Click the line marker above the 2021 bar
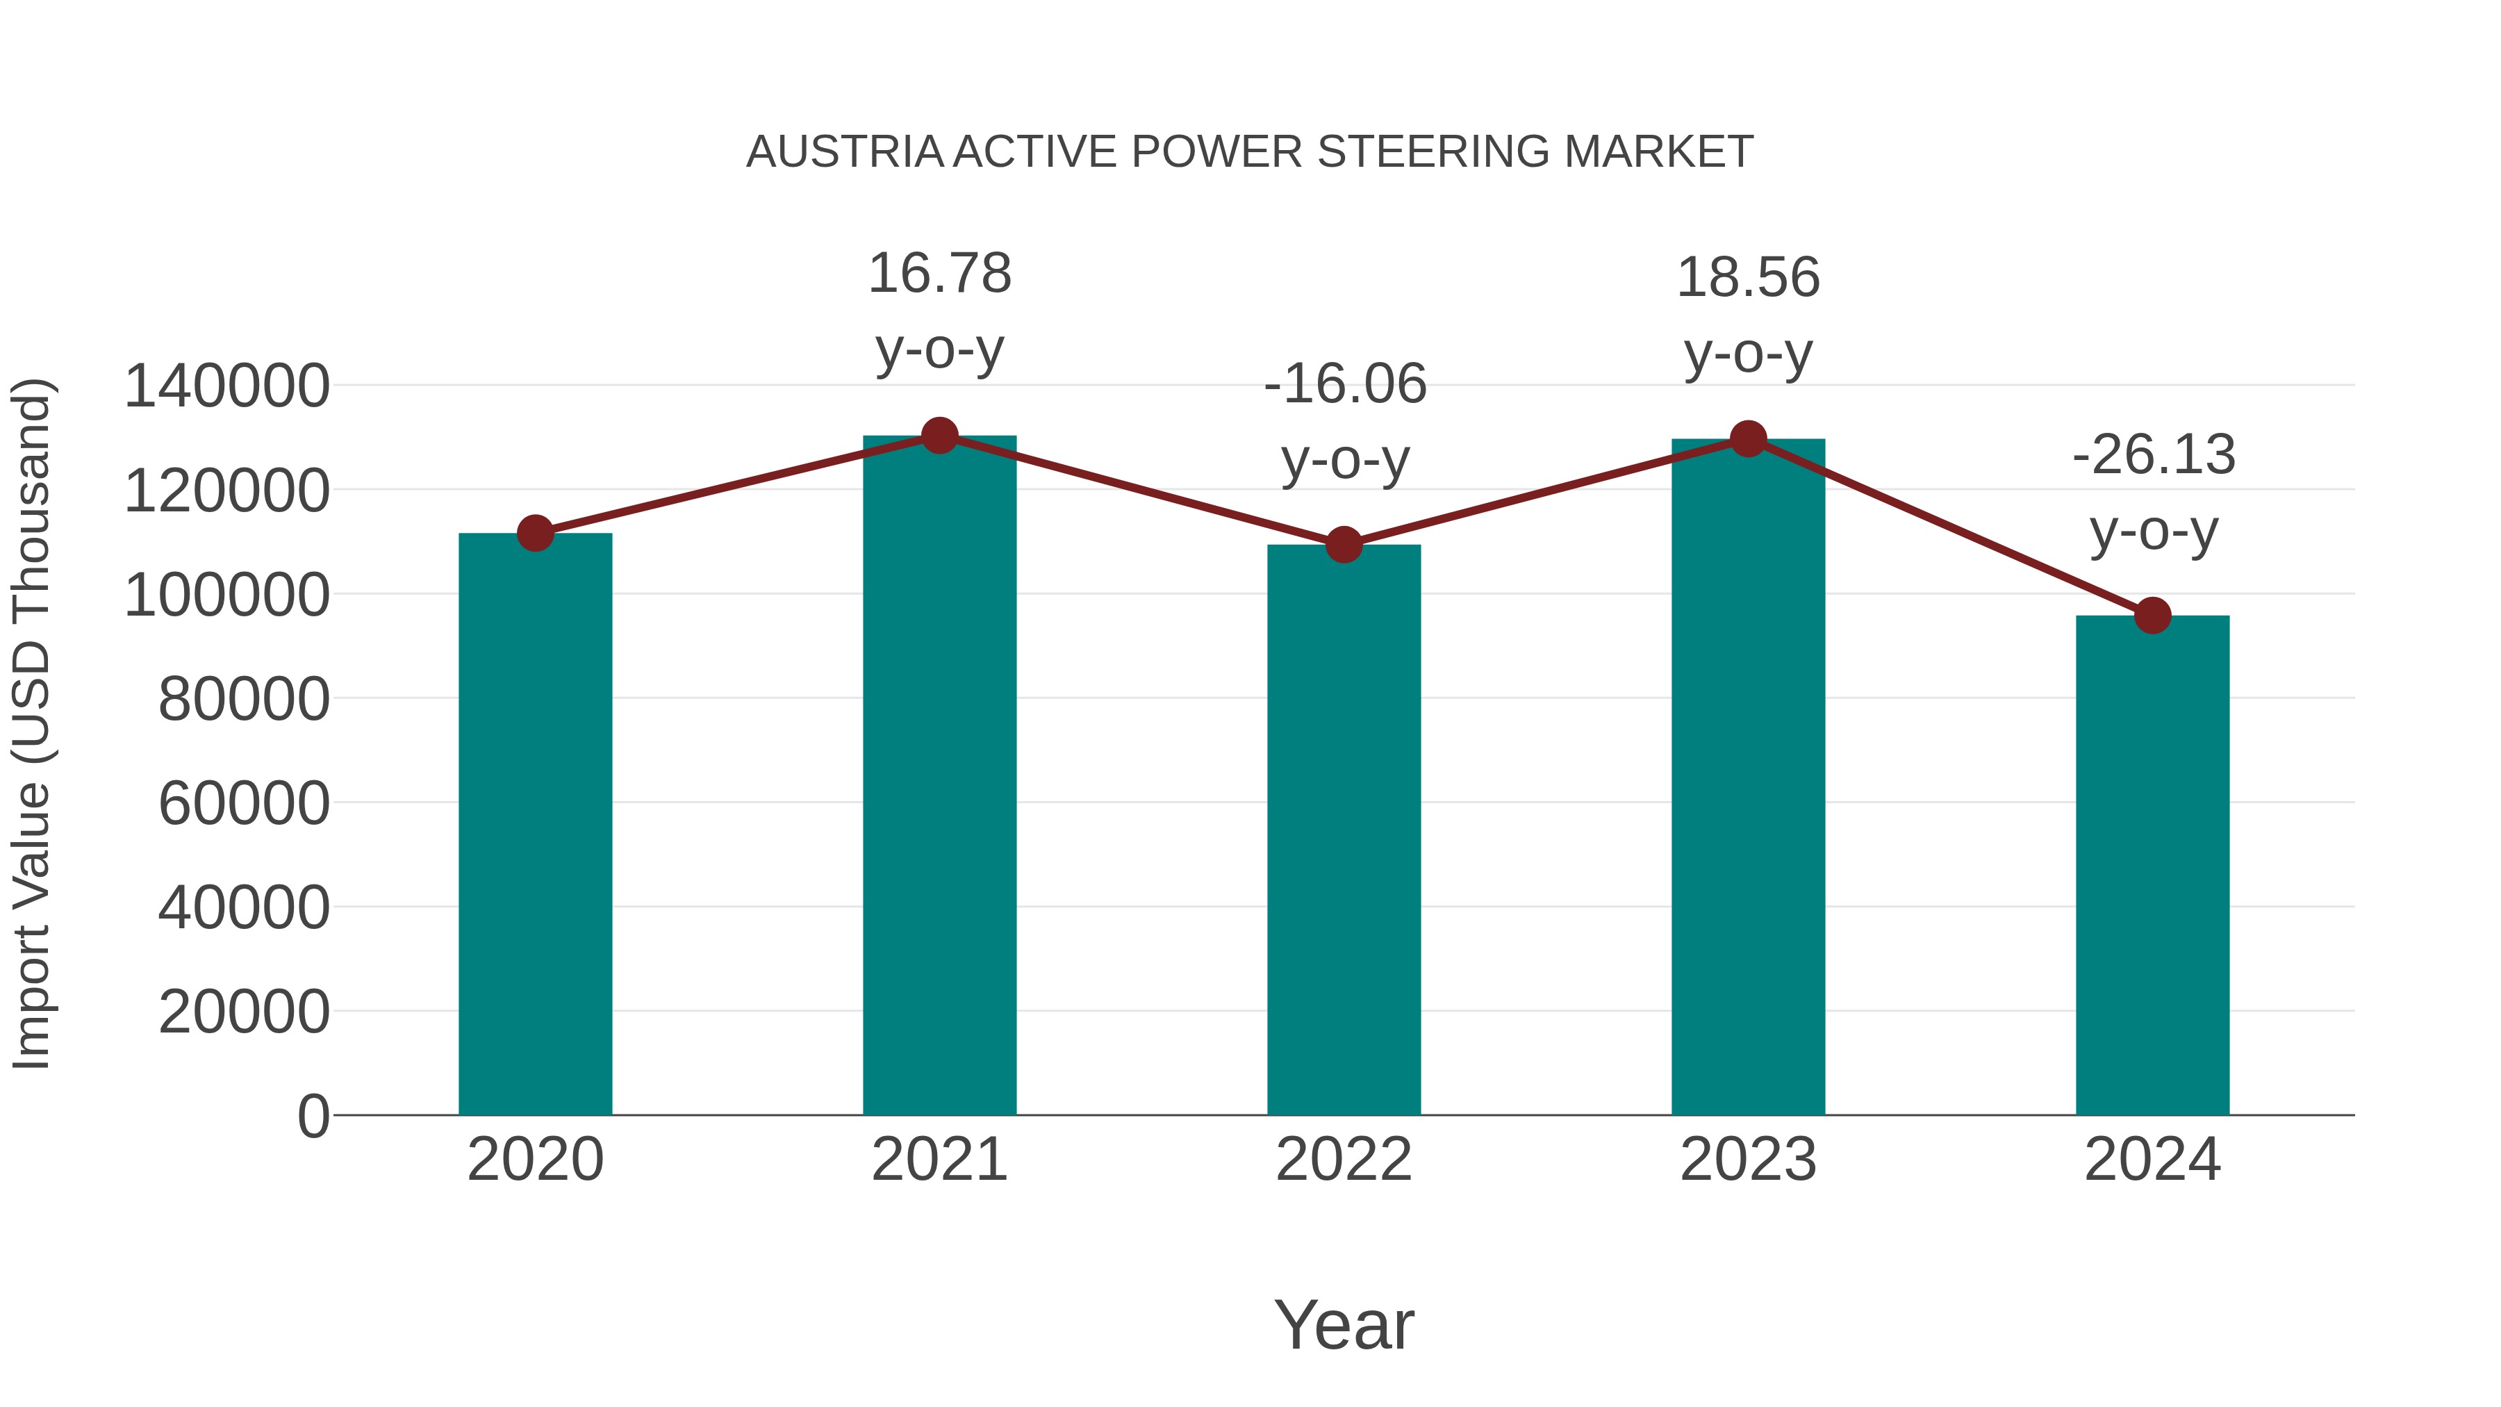pos(939,436)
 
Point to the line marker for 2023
pos(1748,440)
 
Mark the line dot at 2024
pos(2152,616)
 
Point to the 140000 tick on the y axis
pos(226,386)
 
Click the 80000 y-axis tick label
pos(244,699)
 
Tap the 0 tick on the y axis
pos(313,1116)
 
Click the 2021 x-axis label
pos(939,1160)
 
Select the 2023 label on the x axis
pos(1748,1160)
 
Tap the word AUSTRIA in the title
pos(843,152)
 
